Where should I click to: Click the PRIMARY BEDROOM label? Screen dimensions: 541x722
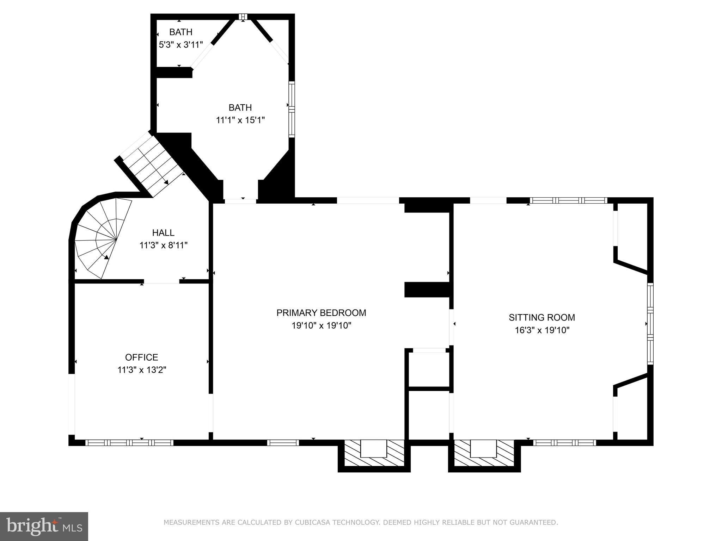[x=321, y=313]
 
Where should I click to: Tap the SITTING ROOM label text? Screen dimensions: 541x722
[x=541, y=317]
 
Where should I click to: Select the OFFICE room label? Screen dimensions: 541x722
[x=141, y=357]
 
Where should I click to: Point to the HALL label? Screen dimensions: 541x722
[x=163, y=232]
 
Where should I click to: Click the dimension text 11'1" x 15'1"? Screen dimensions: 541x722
[x=240, y=120]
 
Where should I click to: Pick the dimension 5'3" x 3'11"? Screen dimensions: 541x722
[x=180, y=45]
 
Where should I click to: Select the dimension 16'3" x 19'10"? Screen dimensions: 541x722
[x=541, y=330]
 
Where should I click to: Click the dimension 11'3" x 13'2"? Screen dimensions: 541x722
[x=141, y=370]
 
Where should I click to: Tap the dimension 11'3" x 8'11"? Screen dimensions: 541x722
[x=163, y=245]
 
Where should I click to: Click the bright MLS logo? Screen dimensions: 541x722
[x=44, y=526]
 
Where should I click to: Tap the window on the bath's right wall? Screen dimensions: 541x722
[x=292, y=109]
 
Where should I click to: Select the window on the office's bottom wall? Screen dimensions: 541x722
[x=129, y=443]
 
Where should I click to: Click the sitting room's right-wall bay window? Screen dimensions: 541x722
[x=650, y=323]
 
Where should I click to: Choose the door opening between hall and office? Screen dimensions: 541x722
[x=161, y=281]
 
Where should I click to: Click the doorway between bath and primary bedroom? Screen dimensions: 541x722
[x=240, y=201]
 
